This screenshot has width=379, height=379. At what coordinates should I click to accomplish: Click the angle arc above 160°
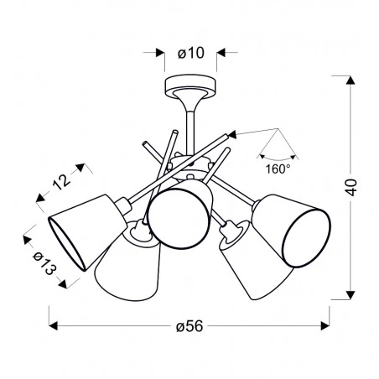(278, 155)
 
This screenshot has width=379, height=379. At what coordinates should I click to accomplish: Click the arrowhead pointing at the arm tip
(234, 132)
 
